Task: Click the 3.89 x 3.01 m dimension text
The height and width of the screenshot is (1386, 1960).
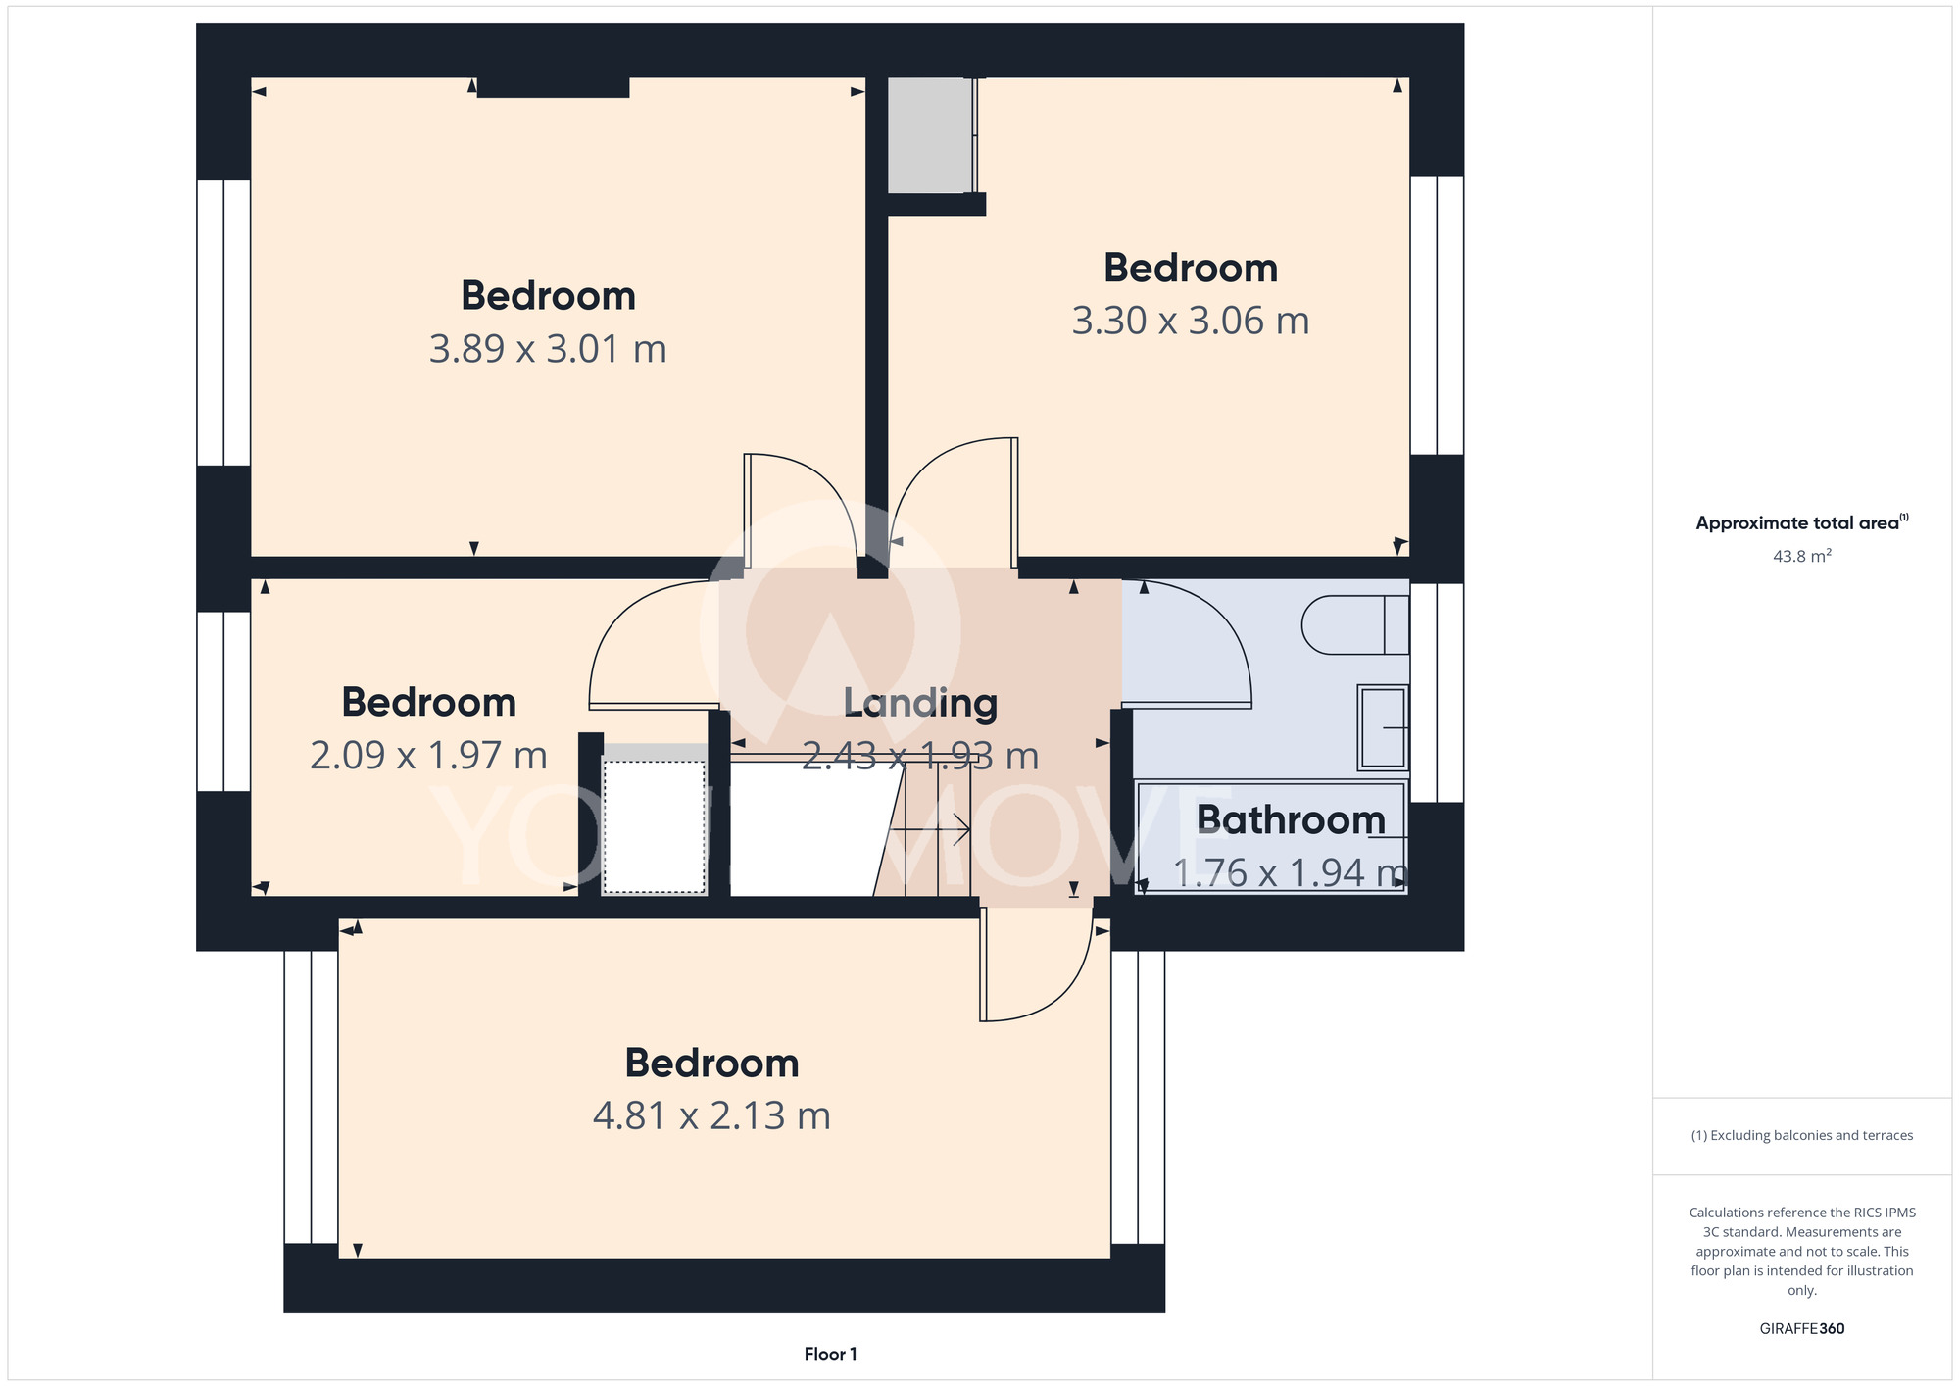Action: coord(548,349)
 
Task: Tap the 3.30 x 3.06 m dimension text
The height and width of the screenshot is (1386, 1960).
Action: coord(1191,322)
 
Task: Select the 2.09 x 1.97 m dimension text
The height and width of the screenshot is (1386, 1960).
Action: coord(428,756)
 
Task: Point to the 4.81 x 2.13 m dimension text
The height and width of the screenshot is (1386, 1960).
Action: coord(711,1115)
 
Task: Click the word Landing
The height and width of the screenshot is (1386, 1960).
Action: coord(920,704)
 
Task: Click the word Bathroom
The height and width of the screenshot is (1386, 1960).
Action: coord(1291,819)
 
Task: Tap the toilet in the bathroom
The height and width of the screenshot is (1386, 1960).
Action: coord(1355,625)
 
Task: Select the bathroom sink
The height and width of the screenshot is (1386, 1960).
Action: coord(1383,727)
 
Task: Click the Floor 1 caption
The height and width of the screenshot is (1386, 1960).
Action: coord(830,1354)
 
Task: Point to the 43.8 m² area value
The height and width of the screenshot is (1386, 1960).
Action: coord(1802,556)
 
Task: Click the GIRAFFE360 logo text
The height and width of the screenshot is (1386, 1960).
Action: coord(1802,1329)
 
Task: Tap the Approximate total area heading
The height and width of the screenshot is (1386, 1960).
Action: coord(1802,522)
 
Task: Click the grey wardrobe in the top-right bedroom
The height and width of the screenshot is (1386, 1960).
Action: coord(930,135)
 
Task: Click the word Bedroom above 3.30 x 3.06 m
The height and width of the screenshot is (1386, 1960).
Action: coord(1191,269)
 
